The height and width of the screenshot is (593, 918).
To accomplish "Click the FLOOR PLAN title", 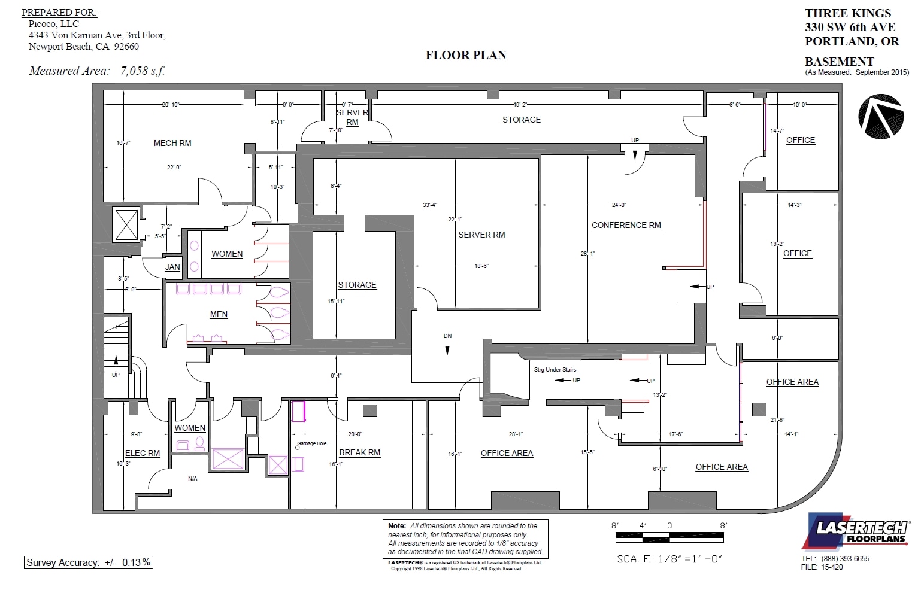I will point(466,55).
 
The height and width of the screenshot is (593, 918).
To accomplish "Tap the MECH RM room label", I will point(172,143).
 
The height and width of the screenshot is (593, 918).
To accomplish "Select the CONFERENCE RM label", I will point(626,225).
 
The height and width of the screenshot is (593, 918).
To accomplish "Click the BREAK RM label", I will point(359,452).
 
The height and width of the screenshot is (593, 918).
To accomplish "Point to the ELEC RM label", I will point(143,453).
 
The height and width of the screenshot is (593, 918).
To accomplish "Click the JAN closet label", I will point(172,267).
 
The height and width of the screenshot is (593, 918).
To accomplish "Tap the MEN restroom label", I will point(219,314).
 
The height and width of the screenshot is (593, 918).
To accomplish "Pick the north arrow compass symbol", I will point(880,117).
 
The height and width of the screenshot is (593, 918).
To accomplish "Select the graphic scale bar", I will point(669,537).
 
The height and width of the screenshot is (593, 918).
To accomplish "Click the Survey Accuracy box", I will point(89,562).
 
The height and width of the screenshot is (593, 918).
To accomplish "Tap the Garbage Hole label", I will point(312,443).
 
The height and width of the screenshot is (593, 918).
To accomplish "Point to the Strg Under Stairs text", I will point(555,370).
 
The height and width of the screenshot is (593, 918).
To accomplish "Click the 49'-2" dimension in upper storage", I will point(520,104).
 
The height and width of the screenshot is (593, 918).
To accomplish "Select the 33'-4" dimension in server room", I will point(429,205).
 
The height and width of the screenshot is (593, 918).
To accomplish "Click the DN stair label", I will point(447,336).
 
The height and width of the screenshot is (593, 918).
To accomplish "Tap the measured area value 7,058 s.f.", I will point(143,71).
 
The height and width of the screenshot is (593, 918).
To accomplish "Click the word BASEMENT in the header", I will point(839,62).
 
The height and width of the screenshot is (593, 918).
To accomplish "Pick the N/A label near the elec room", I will point(192,479).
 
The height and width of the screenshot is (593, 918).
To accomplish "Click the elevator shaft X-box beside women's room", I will point(126,225).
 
